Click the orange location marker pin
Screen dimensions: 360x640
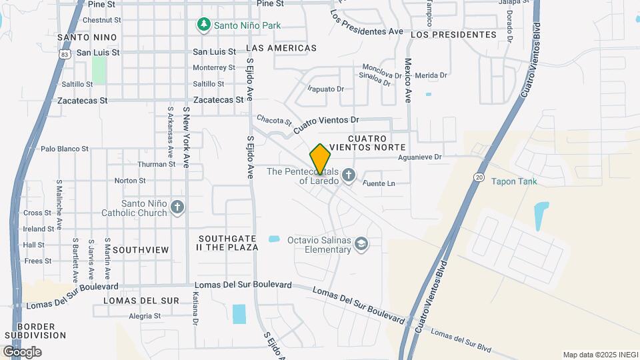click(321, 159)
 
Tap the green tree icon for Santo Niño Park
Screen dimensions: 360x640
click(203, 25)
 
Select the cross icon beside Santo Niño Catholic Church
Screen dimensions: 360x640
click(177, 207)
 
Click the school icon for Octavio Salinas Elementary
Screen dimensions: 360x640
click(361, 245)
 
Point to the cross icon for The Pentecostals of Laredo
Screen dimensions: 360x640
click(348, 176)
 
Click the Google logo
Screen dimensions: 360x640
click(22, 351)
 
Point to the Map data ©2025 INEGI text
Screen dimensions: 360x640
click(599, 354)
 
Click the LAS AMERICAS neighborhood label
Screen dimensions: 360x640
click(281, 48)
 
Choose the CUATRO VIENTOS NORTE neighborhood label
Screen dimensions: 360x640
click(367, 142)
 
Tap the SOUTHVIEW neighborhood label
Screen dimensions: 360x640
click(141, 249)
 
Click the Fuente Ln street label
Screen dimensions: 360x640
click(379, 183)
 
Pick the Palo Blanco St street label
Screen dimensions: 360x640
click(65, 149)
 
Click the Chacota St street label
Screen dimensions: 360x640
click(274, 121)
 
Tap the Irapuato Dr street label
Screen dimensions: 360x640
click(325, 89)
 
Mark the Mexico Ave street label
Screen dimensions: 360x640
click(407, 80)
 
